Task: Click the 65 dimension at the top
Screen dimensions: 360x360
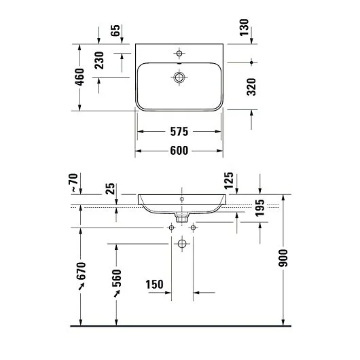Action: pos(115,31)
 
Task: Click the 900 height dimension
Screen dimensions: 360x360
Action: pos(283,258)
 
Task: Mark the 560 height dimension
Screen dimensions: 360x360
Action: pos(115,281)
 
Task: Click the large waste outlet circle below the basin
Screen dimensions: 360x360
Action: pos(181,243)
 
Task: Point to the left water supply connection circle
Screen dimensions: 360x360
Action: pos(170,228)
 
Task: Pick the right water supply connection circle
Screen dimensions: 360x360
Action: pos(194,228)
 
